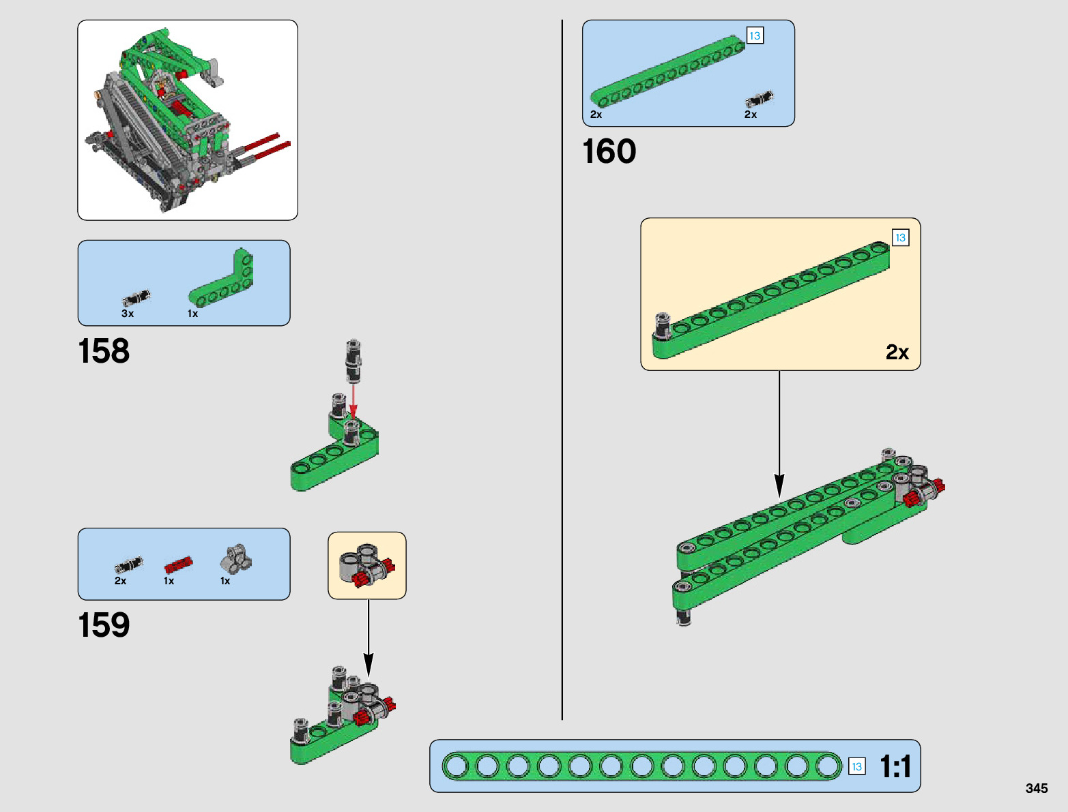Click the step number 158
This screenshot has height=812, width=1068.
[104, 351]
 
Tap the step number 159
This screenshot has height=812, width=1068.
[104, 625]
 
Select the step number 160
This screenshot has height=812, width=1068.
[609, 151]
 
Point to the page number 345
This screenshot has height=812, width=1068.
[1036, 788]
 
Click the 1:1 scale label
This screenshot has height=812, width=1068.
[895, 766]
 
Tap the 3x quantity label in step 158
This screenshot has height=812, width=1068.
[128, 314]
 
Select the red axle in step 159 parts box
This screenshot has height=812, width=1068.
[178, 565]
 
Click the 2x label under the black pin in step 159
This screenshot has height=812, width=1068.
[120, 581]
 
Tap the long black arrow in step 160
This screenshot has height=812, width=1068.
[779, 436]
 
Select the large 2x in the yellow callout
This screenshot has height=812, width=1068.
[897, 352]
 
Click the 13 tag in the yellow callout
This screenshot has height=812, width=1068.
[900, 237]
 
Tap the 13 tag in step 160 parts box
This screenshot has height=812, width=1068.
[754, 35]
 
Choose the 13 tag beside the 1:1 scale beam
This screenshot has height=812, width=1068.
[856, 766]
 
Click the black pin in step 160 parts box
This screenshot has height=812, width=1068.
[759, 100]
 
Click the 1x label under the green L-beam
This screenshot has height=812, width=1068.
[192, 314]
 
